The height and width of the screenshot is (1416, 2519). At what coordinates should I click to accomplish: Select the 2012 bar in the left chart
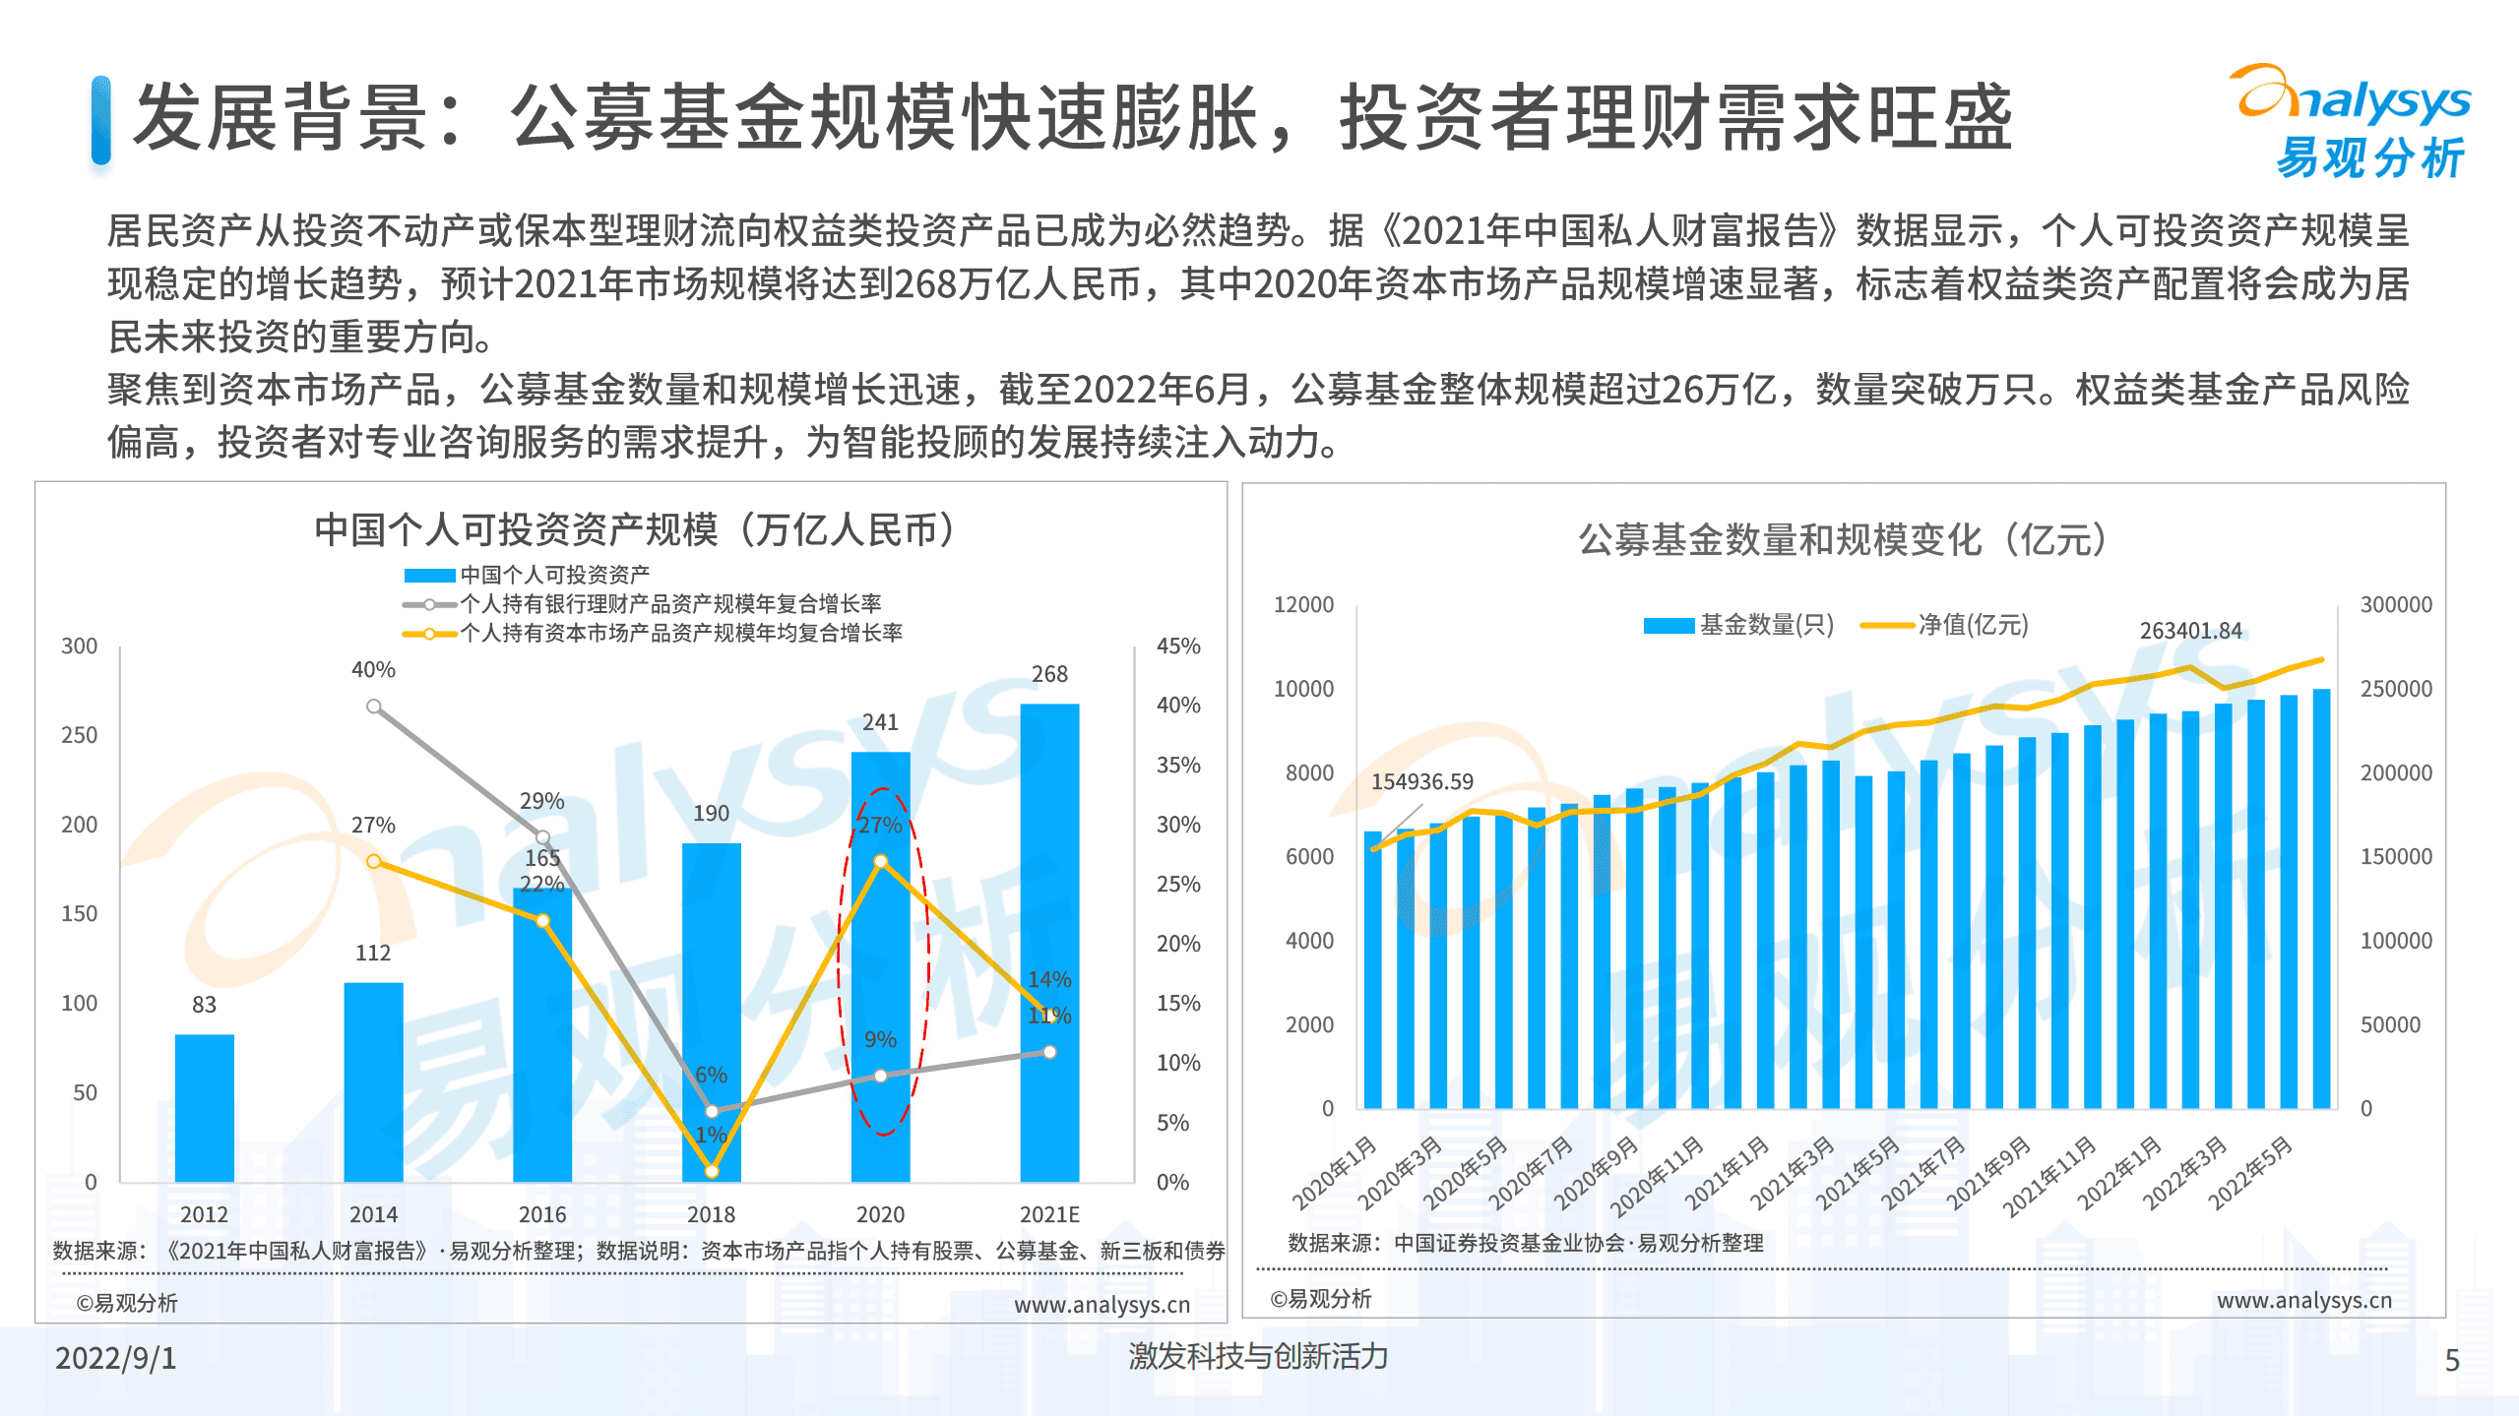coord(204,1107)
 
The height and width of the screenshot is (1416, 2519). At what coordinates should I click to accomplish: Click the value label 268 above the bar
coord(1049,674)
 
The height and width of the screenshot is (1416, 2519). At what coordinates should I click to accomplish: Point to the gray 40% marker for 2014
coord(374,707)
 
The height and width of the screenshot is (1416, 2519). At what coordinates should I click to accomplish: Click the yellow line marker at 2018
coord(712,1171)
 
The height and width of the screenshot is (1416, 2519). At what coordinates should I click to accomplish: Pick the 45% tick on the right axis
coord(1177,646)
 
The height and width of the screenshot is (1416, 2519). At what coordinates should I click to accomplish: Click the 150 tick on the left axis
coord(80,914)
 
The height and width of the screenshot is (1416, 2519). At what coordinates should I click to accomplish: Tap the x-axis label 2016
coord(542,1214)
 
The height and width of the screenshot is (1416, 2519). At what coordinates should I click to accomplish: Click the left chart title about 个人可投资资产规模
coord(634,530)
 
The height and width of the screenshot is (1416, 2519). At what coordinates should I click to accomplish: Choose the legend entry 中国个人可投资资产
coord(554,575)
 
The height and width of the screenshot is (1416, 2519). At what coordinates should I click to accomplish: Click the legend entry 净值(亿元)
coord(1972,625)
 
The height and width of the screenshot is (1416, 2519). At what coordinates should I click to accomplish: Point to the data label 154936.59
coord(1421,782)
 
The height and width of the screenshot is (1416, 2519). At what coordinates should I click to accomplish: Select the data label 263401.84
coord(2190,631)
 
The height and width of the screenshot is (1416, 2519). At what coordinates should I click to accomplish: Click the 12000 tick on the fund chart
coord(1303,605)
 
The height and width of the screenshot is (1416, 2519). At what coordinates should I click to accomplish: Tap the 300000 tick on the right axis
coord(2395,605)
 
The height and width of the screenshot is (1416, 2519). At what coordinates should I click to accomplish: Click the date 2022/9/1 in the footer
coord(116,1359)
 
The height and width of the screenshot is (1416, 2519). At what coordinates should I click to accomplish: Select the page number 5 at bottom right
coord(2452,1361)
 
